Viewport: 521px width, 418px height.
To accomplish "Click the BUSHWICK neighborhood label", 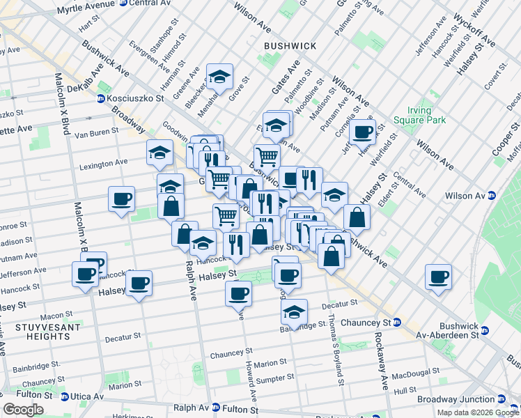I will tap(290, 46).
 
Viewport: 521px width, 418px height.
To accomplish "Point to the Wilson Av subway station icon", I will tap(492, 196).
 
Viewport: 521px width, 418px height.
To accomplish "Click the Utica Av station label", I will tap(88, 396).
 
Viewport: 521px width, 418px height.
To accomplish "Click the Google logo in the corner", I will tap(24, 410).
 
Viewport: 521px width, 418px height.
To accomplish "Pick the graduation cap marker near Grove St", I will tap(219, 77).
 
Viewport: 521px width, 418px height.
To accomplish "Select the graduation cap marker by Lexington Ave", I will tap(160, 153).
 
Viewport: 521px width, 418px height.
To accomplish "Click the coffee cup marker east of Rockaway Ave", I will tap(438, 277).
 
